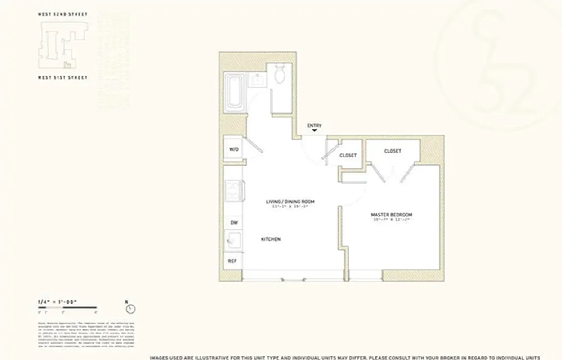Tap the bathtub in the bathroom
tap(235, 92)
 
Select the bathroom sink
tap(258, 80)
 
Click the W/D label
tap(233, 149)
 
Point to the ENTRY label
tap(314, 126)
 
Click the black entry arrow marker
tap(314, 131)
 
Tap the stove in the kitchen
tap(234, 191)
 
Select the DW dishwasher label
tap(233, 223)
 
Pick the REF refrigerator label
tap(233, 261)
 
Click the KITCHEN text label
tap(271, 239)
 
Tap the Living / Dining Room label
tap(290, 202)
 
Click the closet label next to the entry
tap(348, 155)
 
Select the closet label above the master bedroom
tap(393, 151)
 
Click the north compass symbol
tap(131, 309)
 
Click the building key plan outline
tap(62, 45)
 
